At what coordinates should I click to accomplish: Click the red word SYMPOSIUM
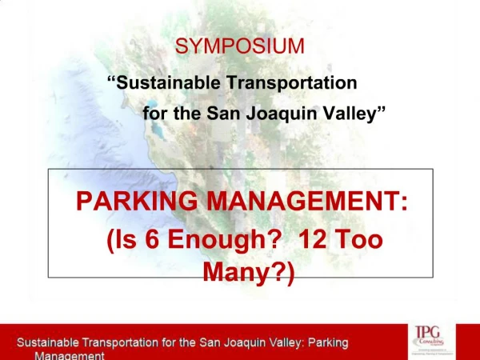click(240, 46)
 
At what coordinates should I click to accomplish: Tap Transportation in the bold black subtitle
click(291, 82)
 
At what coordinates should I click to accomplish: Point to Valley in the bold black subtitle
click(353, 113)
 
